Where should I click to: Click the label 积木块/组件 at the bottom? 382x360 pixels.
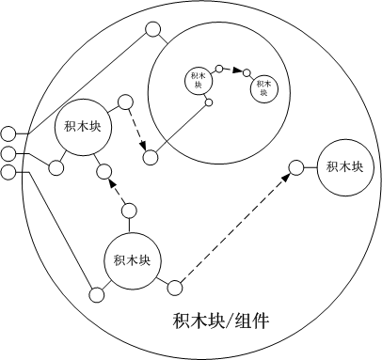point(222,320)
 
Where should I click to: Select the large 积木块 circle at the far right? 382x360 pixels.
point(344,167)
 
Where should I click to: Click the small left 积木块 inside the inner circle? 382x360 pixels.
point(197,79)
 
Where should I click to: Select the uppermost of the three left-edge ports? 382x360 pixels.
point(8,133)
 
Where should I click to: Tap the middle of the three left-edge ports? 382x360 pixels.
point(8,153)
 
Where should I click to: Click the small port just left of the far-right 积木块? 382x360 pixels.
point(295,168)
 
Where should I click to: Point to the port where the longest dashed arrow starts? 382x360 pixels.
point(173,284)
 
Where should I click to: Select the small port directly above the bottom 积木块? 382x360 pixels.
point(129,209)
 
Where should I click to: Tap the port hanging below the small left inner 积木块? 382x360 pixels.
point(209,102)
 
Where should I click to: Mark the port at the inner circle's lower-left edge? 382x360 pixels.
point(150,157)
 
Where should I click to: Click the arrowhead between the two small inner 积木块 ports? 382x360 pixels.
point(238,73)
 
